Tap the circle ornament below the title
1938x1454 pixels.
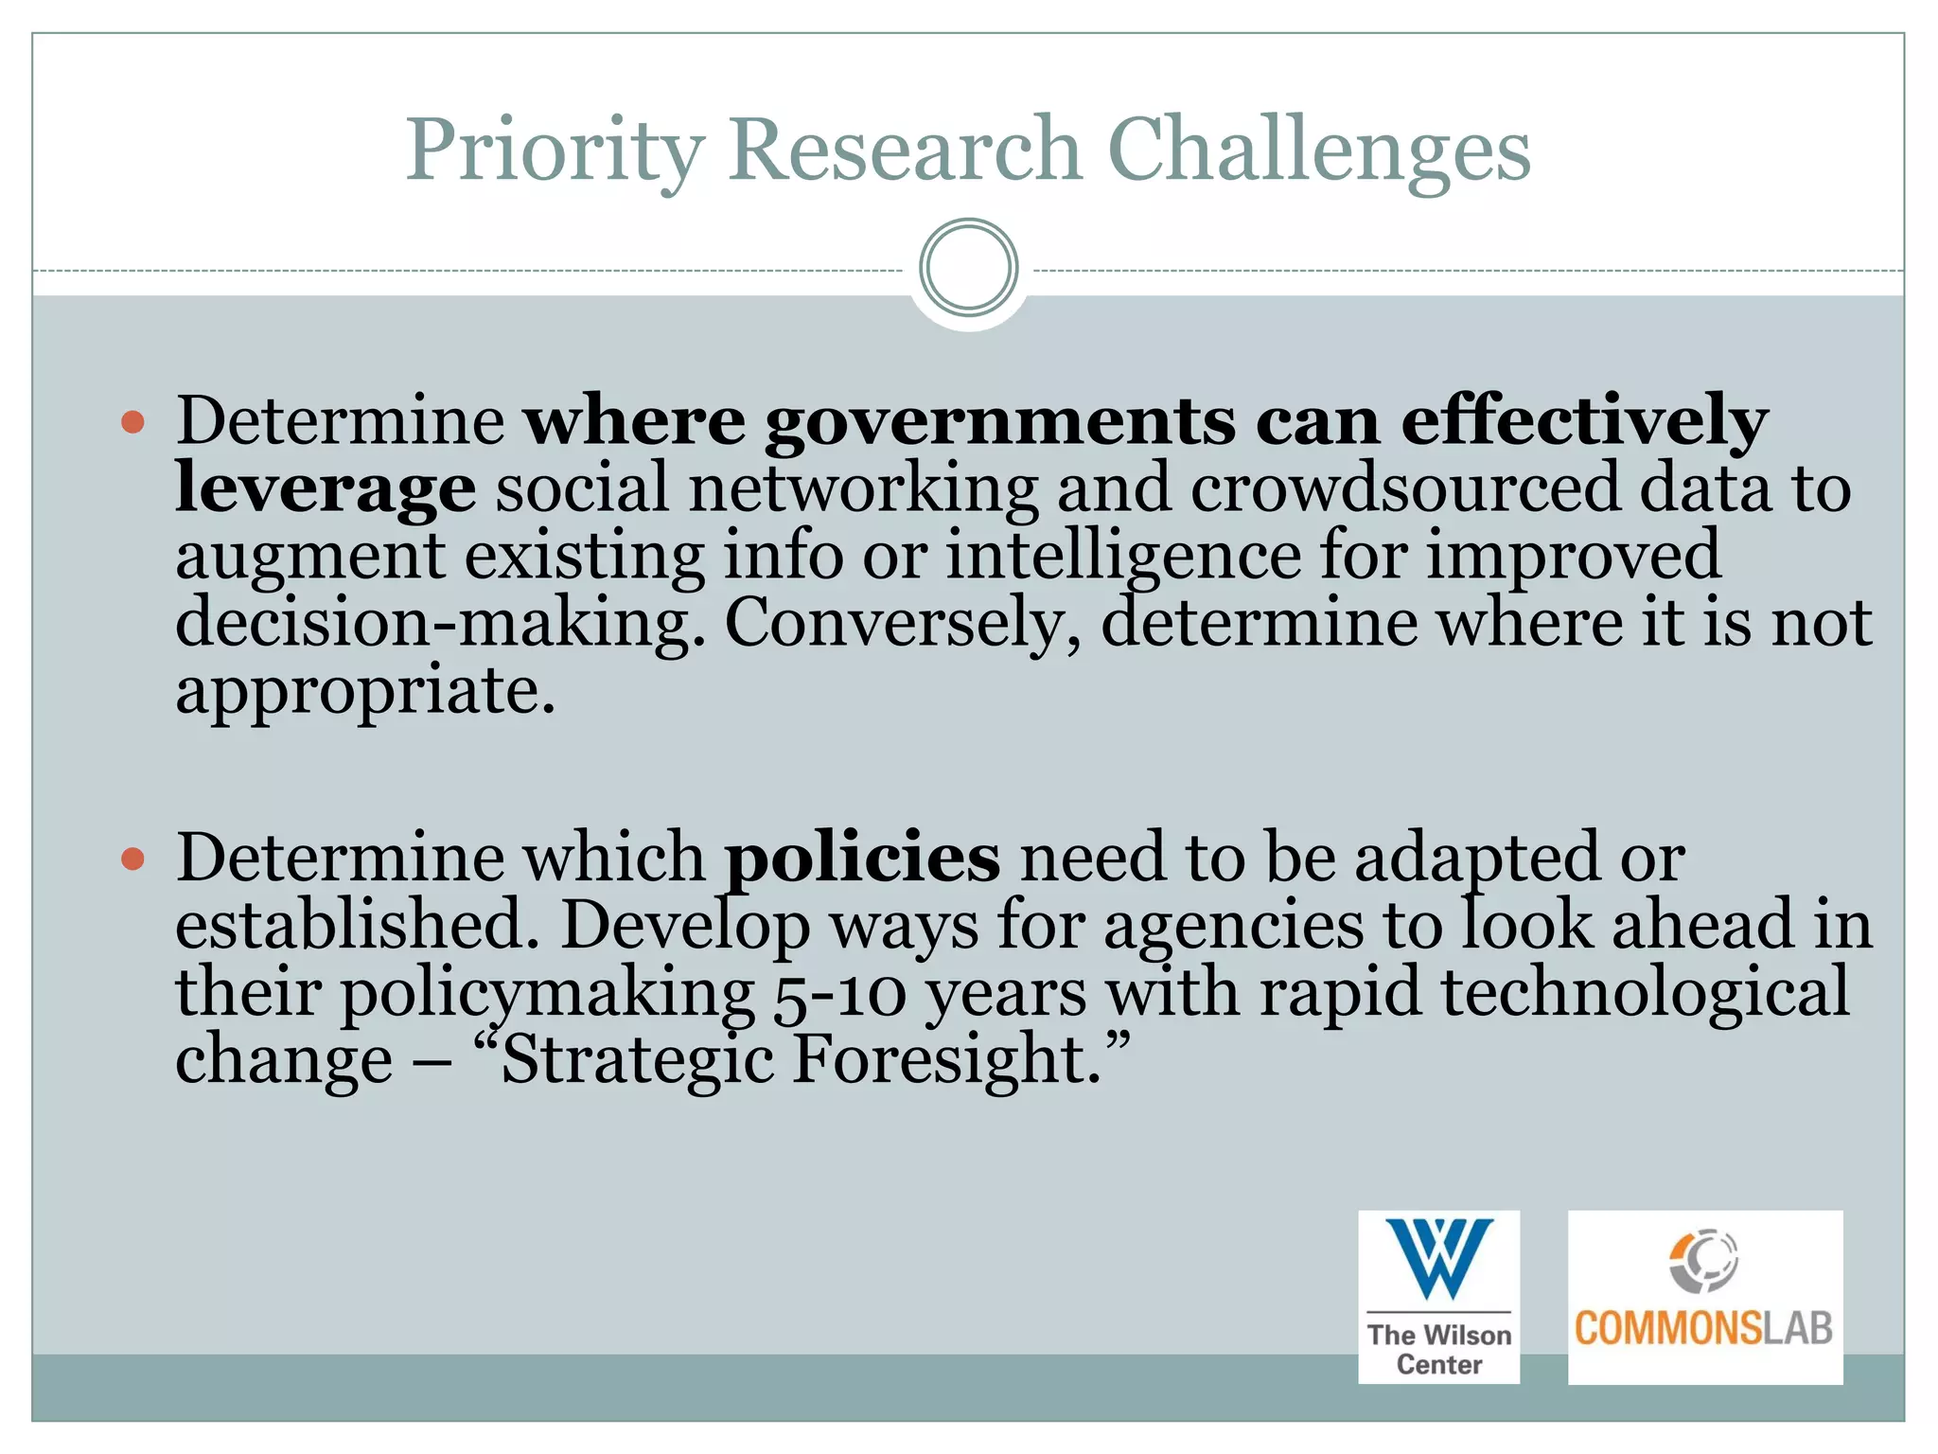coord(968,268)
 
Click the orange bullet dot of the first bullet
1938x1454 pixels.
coord(133,421)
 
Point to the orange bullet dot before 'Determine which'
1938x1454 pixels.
coord(133,859)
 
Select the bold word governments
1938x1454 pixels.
coord(999,421)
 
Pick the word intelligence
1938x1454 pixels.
coord(1123,557)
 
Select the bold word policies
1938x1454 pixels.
coord(862,857)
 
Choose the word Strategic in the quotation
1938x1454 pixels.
coord(638,1061)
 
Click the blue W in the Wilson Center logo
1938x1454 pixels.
coord(1438,1258)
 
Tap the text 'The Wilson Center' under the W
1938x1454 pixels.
coord(1438,1349)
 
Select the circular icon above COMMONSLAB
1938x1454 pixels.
coord(1703,1260)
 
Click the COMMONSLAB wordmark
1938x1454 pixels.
coord(1703,1328)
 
